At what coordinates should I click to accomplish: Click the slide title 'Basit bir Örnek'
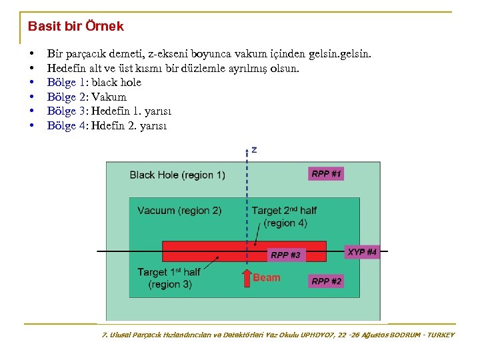[x=75, y=27]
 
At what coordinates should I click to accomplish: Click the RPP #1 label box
[x=326, y=174]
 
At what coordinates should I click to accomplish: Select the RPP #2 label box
[x=326, y=281]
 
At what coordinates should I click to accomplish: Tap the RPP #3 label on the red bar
[x=285, y=255]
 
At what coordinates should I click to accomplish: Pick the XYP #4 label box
[x=362, y=252]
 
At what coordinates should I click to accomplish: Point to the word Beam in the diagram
[x=267, y=277]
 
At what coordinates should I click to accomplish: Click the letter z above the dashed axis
[x=253, y=150]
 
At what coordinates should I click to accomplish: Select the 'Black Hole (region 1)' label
[x=177, y=175]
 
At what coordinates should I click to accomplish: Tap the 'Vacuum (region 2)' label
[x=179, y=211]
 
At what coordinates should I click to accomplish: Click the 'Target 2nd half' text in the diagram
[x=284, y=211]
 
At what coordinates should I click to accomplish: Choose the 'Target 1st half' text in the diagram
[x=169, y=272]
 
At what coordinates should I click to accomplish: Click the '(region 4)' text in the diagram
[x=285, y=223]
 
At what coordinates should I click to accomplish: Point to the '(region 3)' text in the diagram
[x=170, y=285]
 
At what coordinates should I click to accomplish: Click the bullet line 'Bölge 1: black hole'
[x=94, y=83]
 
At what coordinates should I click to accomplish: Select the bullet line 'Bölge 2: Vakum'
[x=87, y=97]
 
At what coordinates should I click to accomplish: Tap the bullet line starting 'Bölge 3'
[x=109, y=111]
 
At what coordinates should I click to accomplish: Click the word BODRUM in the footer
[x=400, y=335]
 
